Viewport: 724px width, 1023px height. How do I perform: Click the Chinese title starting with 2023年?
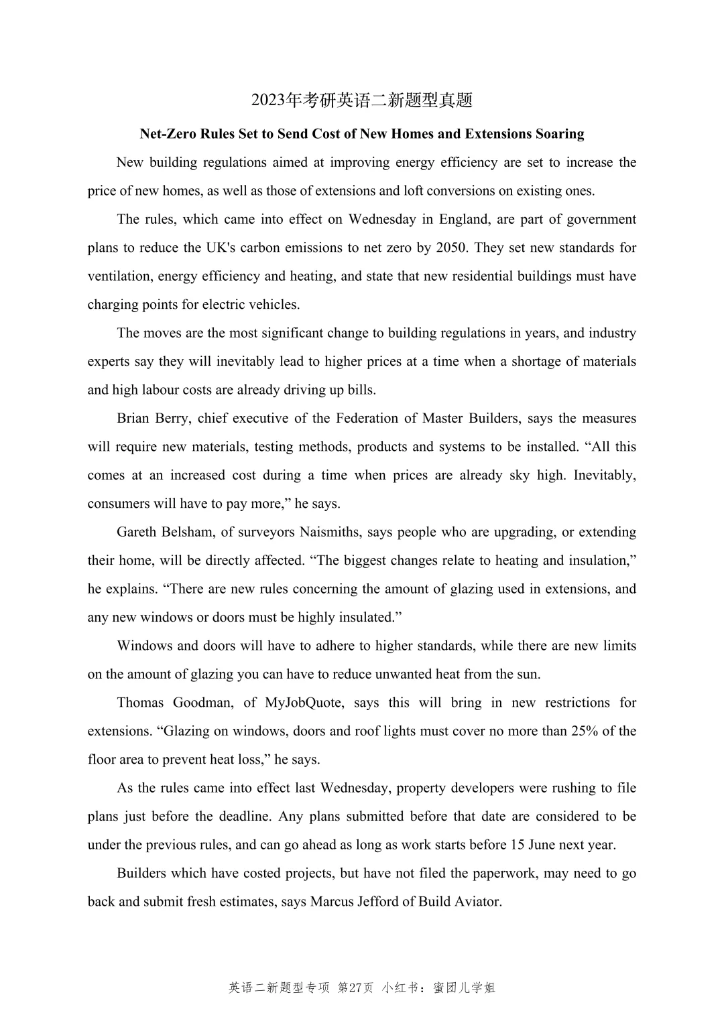tap(362, 100)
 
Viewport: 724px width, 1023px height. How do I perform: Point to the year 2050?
tap(451, 248)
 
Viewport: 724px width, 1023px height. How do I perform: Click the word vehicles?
tap(274, 305)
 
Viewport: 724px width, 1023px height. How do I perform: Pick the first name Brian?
tap(133, 419)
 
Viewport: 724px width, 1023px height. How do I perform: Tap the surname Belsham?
tap(188, 533)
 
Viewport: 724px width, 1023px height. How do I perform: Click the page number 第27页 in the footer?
tap(356, 987)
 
